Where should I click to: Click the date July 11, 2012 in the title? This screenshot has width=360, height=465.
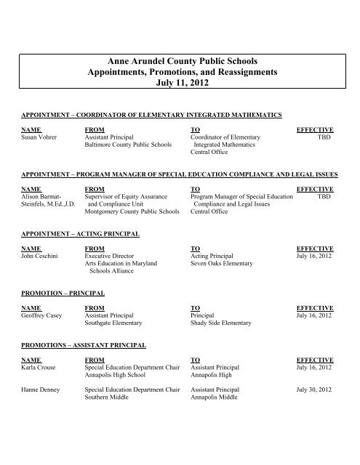coord(180,84)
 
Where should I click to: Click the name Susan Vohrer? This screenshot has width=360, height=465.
coord(41,136)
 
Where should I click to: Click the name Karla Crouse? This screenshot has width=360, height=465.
coord(41,368)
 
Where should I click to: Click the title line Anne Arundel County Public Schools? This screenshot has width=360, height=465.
coord(180,58)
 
